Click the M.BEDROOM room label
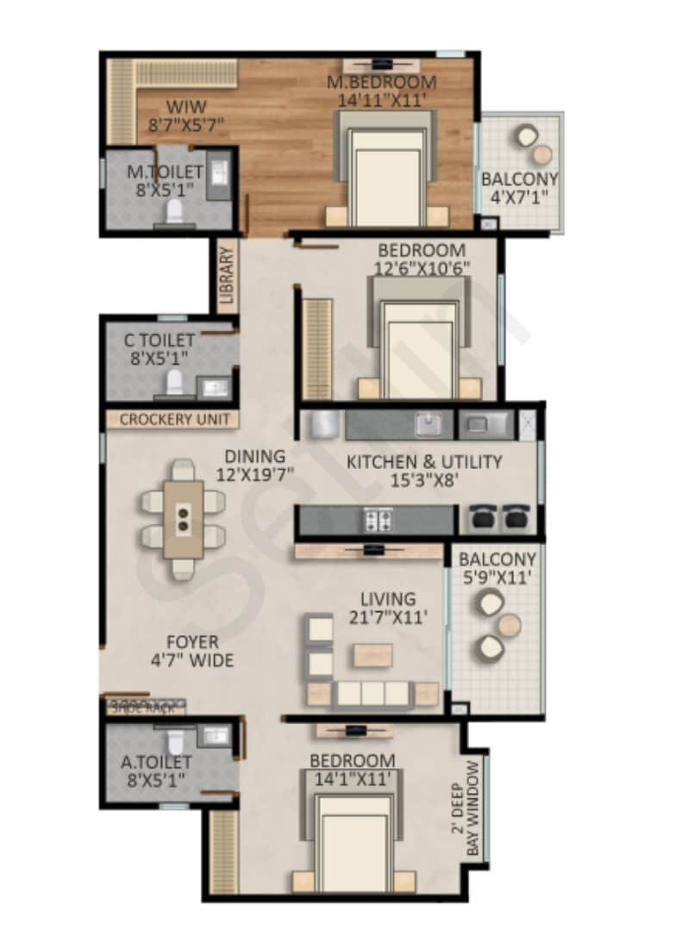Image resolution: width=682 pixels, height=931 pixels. [381, 83]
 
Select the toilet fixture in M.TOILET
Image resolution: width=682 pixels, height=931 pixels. [174, 209]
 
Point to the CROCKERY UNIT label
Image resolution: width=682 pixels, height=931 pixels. [174, 420]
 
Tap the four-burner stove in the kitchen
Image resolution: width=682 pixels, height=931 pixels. [377, 520]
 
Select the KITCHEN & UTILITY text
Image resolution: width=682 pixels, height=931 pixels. [423, 462]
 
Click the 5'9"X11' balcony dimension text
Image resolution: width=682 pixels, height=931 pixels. [497, 578]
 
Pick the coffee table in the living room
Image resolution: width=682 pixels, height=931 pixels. [372, 655]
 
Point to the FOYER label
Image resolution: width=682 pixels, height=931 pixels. [192, 642]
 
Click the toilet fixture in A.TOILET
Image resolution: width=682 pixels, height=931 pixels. [175, 740]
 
